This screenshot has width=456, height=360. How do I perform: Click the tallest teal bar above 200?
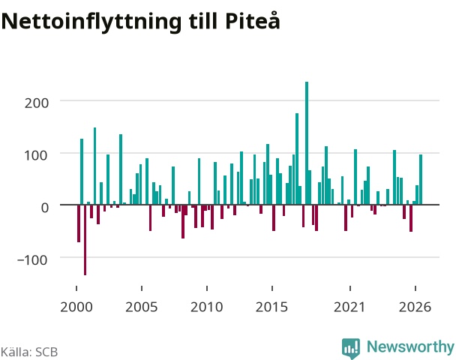pos(307,143)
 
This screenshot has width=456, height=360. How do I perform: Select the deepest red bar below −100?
pos(85,240)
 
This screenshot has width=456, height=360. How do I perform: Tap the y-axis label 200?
pos(36,103)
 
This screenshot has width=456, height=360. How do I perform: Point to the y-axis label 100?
pos(35,155)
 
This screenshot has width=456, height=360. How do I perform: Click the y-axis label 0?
pos(44,208)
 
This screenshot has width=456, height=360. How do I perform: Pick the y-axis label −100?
pos(32,259)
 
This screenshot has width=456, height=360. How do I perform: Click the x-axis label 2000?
pos(76,307)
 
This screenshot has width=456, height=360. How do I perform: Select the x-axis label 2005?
pos(142,307)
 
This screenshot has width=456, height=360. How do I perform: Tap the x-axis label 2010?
pos(207,307)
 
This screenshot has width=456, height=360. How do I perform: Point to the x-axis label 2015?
pos(272,307)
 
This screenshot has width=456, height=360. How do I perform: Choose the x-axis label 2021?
pos(349,307)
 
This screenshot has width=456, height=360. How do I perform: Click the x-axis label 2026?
pos(415,307)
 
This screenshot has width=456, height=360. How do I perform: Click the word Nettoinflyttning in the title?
pos(91,22)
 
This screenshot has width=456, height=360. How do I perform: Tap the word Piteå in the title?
pos(253,20)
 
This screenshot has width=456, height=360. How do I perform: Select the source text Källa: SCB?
pos(29,352)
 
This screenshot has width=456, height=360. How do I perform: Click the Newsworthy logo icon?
pos(351,348)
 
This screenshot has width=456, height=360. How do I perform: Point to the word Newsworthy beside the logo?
pos(410,347)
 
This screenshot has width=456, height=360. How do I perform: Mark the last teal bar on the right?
pos(421,180)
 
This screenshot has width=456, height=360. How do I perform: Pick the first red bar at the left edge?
pos(79,223)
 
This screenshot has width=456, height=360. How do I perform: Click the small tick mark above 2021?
pos(350,288)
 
